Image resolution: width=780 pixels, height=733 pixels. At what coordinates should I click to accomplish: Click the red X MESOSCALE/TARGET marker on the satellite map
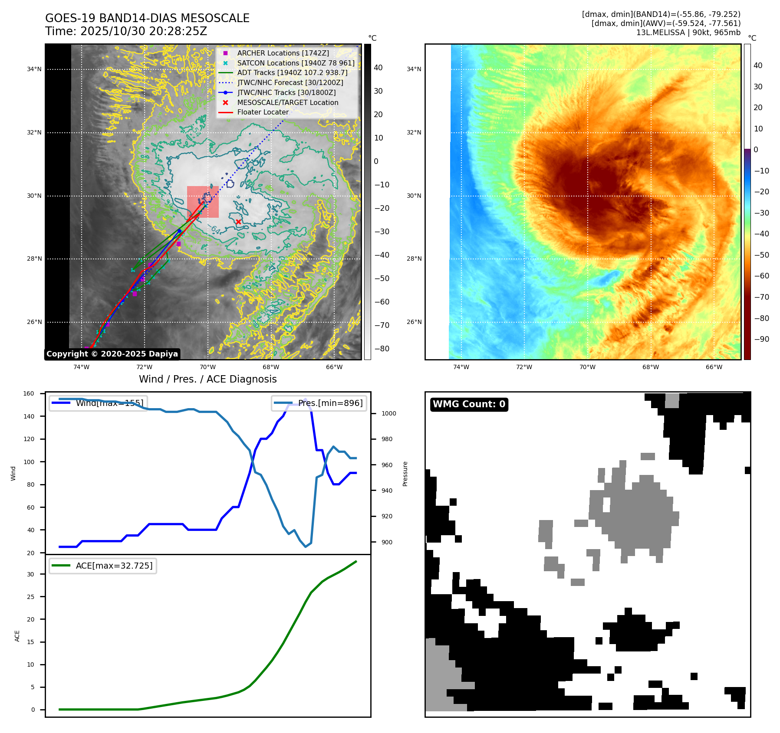(238, 222)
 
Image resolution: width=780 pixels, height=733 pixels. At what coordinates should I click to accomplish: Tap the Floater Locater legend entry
(263, 112)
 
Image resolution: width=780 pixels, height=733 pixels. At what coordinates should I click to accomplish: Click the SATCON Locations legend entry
(296, 63)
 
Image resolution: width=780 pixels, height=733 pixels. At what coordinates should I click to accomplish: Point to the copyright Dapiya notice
(112, 354)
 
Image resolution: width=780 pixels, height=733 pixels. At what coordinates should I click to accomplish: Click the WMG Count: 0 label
(469, 404)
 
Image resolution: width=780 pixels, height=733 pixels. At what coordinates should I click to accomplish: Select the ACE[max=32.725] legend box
(103, 566)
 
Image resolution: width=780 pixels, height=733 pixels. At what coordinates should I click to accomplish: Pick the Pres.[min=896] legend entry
(319, 403)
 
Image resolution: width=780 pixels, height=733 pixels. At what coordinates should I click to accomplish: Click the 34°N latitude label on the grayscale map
(34, 69)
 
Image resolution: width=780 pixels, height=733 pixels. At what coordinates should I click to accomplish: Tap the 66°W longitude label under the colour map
(714, 367)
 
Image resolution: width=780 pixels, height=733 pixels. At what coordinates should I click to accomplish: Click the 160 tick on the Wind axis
(29, 393)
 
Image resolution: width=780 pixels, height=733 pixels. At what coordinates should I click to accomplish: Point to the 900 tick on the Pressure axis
(388, 542)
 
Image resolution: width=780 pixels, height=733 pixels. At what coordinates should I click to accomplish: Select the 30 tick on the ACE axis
(30, 574)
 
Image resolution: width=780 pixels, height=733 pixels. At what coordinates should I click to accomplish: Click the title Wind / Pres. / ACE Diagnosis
(207, 379)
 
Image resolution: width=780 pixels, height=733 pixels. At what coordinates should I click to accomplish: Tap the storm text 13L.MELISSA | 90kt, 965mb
(688, 33)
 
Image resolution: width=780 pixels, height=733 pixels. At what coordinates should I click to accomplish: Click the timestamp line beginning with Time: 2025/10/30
(126, 31)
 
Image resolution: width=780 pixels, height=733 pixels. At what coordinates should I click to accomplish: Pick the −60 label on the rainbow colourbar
(761, 276)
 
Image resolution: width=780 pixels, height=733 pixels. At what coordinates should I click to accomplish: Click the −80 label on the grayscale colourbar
(382, 349)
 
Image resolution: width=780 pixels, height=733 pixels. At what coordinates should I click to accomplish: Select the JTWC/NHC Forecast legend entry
(290, 82)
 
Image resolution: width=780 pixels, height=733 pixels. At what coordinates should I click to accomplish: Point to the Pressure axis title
(405, 474)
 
